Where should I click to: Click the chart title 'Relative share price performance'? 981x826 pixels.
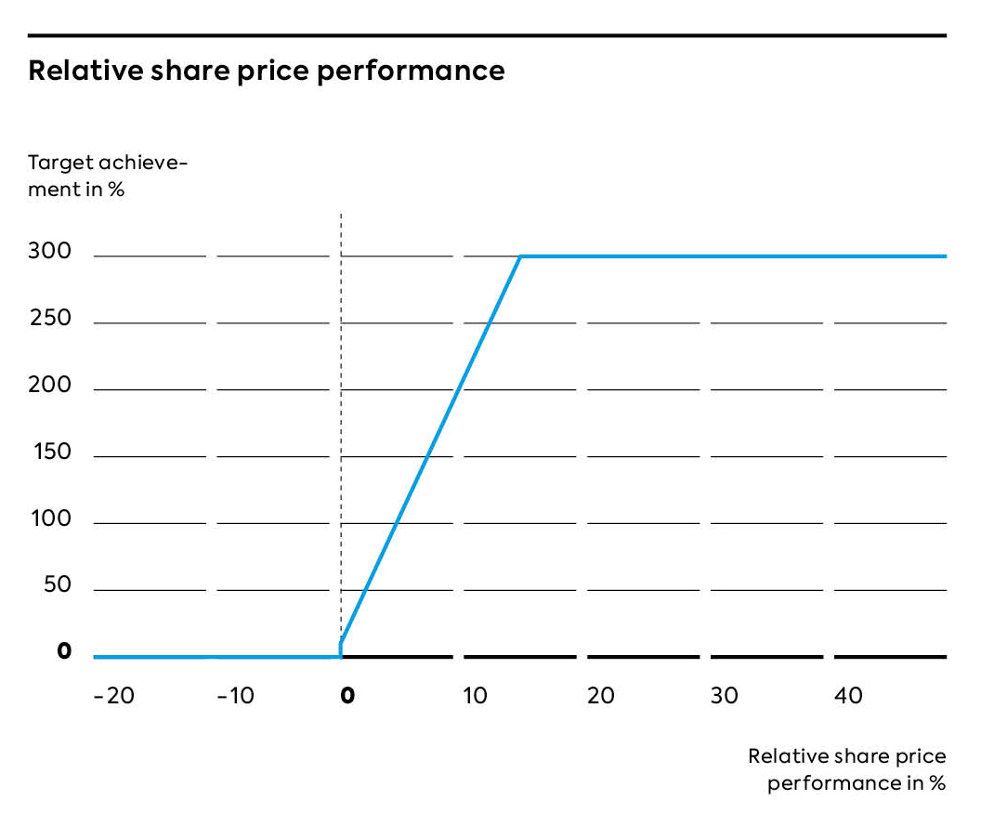267,71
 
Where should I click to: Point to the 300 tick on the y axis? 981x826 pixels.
49,251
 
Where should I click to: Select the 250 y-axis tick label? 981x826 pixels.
49,318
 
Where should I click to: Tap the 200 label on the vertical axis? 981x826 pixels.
49,385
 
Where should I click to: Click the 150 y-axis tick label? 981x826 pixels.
49,452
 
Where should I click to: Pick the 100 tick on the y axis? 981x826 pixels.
49,518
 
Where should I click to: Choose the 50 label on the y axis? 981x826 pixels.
57,585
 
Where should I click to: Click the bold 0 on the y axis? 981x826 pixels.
63,652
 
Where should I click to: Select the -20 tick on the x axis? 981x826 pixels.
113,696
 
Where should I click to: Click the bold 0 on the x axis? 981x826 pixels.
347,696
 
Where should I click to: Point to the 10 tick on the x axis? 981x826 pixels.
475,696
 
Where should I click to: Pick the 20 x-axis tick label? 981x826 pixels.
601,696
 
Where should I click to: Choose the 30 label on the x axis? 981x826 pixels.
725,696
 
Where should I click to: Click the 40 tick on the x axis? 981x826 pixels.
849,696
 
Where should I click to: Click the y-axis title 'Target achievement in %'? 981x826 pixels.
107,177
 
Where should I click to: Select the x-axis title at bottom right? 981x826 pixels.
847,769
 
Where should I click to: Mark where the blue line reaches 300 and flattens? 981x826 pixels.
520,256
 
